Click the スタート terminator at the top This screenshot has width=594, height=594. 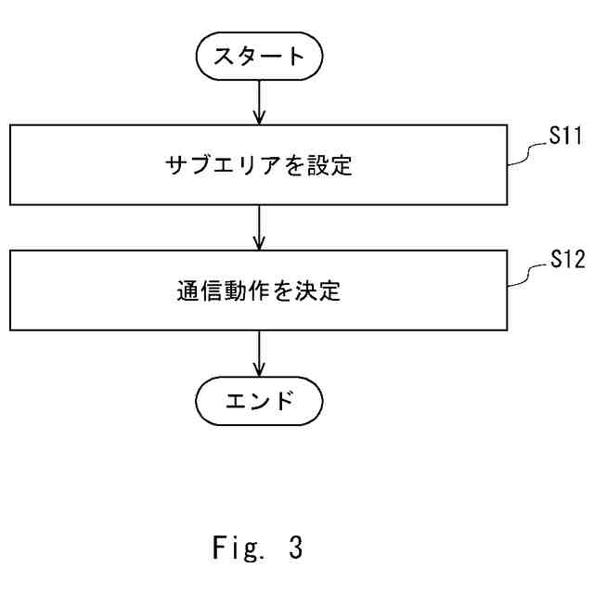pos(259,57)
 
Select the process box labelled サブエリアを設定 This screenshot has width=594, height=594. pos(258,165)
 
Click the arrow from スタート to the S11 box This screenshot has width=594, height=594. pos(259,102)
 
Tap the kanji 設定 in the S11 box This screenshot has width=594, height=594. pos(329,166)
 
